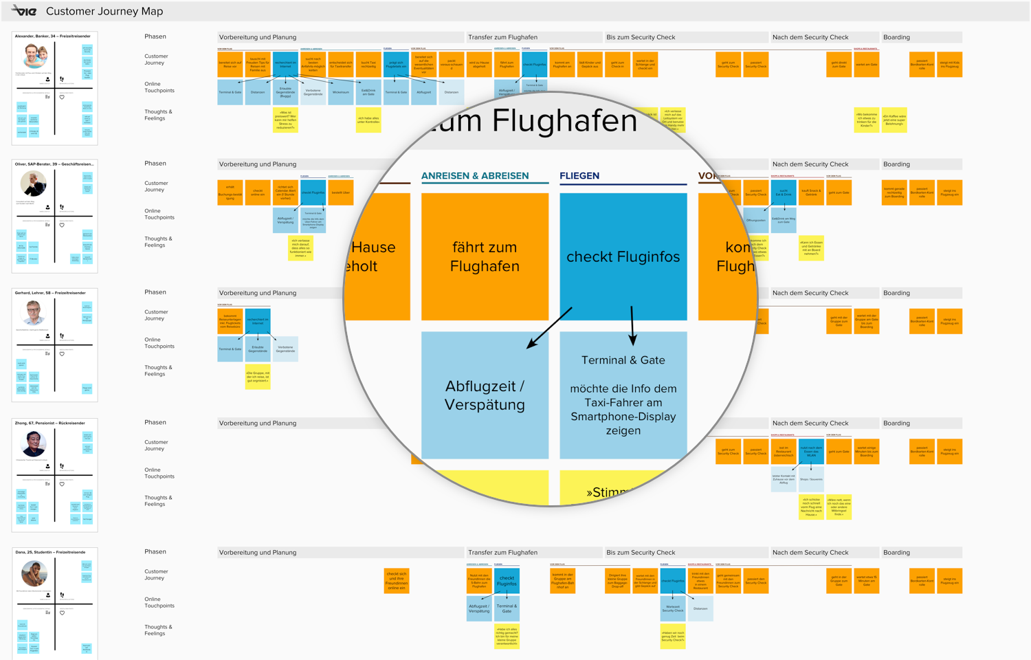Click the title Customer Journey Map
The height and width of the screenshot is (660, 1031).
tap(104, 12)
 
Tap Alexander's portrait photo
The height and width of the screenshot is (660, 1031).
tap(34, 56)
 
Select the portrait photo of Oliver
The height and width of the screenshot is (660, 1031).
tap(33, 184)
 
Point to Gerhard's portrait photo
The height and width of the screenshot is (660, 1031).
tap(33, 313)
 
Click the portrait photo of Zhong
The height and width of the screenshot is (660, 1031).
tap(33, 443)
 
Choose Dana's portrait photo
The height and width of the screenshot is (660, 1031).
tap(34, 573)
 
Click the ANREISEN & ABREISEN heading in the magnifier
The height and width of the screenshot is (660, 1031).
tap(475, 176)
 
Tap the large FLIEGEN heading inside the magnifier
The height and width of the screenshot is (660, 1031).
tap(579, 176)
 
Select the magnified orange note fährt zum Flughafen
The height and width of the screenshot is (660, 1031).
tap(485, 256)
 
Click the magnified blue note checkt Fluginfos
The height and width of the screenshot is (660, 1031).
tap(623, 256)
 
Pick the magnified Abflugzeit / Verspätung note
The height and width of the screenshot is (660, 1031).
tap(485, 395)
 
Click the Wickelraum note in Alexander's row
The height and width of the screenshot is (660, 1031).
tap(341, 92)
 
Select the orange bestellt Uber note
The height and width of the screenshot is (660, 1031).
tap(341, 192)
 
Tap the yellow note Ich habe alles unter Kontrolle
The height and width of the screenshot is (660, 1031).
tap(368, 120)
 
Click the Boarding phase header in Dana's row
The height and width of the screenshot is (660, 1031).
tap(896, 553)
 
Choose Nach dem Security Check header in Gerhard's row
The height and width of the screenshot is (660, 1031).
tap(810, 293)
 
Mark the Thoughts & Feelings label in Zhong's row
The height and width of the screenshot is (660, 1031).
tap(158, 501)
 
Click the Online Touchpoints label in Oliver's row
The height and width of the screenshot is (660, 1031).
tap(159, 214)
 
